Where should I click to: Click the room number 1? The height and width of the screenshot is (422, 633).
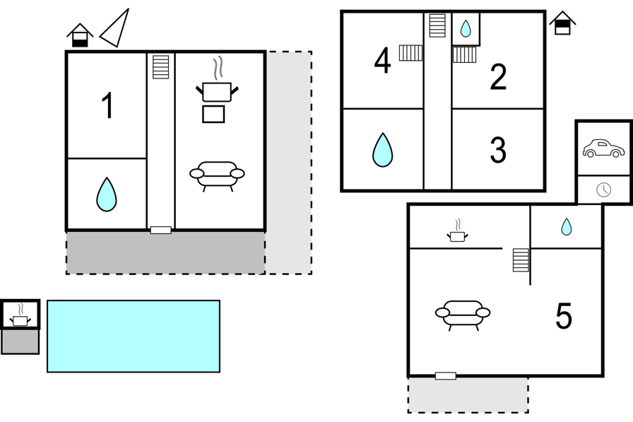click(107, 105)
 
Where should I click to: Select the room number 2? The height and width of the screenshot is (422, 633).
click(498, 77)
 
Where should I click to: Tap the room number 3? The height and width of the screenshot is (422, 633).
click(498, 151)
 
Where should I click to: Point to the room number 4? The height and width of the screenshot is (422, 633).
click(383, 61)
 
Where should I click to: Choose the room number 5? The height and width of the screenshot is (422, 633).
click(564, 316)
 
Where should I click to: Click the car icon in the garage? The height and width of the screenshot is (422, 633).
click(603, 148)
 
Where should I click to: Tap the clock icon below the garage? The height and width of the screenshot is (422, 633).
click(603, 189)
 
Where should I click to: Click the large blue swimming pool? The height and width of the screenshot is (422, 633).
click(134, 336)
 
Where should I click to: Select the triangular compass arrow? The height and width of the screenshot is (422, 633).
click(115, 28)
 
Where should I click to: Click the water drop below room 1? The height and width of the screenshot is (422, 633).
click(107, 194)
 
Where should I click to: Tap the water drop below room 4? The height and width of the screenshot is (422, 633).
click(382, 150)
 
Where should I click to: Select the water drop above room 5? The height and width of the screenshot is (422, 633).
click(567, 226)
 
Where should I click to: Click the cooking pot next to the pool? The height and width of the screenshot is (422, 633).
click(20, 316)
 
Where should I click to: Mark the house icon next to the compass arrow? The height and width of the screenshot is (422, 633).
click(80, 35)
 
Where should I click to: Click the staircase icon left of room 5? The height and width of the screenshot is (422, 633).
click(521, 260)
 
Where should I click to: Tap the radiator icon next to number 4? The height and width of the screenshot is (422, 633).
click(410, 53)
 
